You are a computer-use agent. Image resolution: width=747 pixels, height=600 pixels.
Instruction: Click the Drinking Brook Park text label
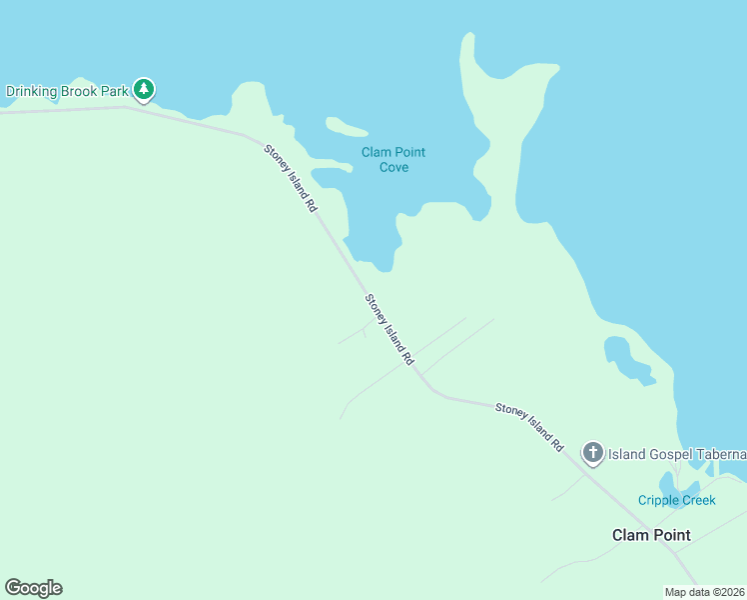(x=67, y=91)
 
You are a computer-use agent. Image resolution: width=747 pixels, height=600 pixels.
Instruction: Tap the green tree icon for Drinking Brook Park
(x=144, y=90)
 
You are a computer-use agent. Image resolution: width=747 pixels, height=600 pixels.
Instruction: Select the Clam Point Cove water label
(x=393, y=159)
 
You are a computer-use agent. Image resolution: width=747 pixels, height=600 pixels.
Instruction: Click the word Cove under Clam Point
(x=393, y=167)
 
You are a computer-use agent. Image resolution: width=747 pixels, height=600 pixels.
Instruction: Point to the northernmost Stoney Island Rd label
(x=291, y=178)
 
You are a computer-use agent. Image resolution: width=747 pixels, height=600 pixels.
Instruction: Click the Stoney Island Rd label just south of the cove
(x=389, y=329)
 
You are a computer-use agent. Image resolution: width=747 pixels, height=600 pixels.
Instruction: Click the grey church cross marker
(x=593, y=454)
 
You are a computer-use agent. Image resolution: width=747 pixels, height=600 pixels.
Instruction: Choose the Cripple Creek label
(x=677, y=500)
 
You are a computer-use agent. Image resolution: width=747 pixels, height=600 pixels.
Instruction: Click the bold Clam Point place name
(x=651, y=535)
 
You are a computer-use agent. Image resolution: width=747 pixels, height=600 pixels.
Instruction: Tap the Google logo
(x=33, y=588)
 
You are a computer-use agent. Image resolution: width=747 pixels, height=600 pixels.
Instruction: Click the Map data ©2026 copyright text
(x=705, y=592)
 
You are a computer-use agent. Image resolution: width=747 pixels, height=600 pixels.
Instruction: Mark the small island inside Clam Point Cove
(x=346, y=127)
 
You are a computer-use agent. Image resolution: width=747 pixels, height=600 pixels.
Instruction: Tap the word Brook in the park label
(x=78, y=91)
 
